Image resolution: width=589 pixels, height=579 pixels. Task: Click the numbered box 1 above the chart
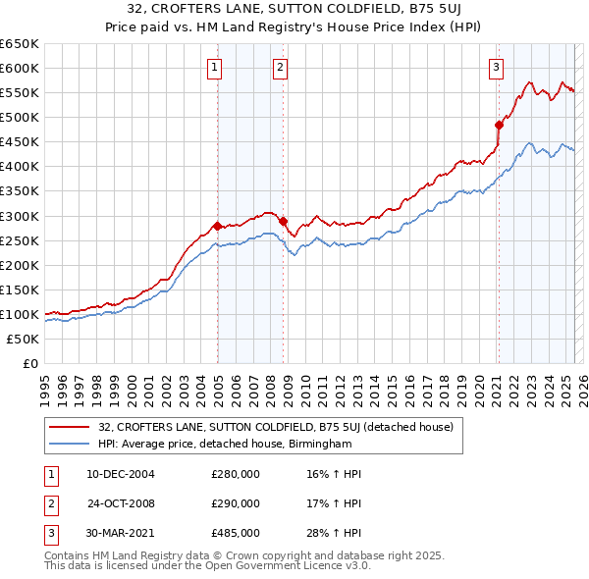[214, 67]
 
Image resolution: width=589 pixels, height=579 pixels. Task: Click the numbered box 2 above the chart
[281, 67]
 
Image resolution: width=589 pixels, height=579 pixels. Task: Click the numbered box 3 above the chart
[497, 67]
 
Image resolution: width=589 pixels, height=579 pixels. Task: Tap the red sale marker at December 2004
[217, 225]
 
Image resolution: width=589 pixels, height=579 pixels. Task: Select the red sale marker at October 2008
[284, 221]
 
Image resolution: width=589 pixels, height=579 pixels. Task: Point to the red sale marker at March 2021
[499, 124]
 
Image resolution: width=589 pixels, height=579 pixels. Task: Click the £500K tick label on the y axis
[20, 117]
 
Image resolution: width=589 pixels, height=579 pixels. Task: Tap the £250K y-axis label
[20, 240]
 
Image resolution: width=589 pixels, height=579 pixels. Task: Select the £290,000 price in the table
[236, 503]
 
